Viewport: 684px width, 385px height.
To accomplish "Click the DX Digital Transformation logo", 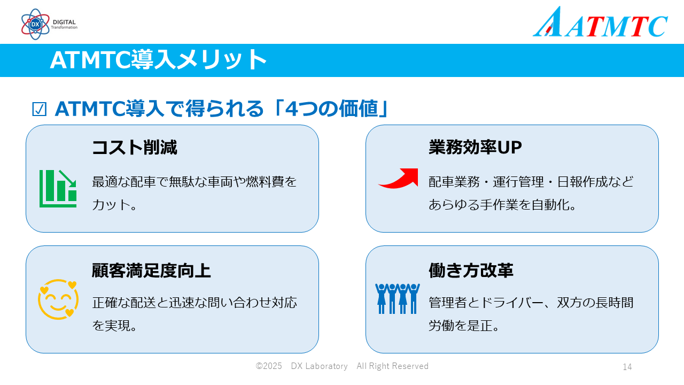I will (x=49, y=24).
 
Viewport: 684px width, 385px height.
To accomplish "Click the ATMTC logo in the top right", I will (x=600, y=23).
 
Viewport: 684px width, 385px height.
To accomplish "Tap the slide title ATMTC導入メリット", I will (x=158, y=60).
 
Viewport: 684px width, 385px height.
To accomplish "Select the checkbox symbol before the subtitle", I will (x=40, y=110).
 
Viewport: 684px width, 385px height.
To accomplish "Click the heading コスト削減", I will (x=134, y=148).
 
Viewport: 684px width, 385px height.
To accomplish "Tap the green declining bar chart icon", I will (x=58, y=188).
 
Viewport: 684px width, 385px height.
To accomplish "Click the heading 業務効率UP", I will (x=475, y=148).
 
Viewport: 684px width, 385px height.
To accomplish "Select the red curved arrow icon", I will (x=399, y=178).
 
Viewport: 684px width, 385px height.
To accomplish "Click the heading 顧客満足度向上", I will (x=151, y=271).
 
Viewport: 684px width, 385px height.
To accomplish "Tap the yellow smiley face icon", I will (x=58, y=299).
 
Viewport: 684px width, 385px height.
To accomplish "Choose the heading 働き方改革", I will (x=471, y=271).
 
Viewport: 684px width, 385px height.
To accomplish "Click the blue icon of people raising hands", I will (x=397, y=298).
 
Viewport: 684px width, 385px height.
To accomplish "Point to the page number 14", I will (x=627, y=367).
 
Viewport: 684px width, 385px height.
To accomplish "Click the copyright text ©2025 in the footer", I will (x=269, y=366).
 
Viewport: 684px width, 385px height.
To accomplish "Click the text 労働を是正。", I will (x=464, y=325).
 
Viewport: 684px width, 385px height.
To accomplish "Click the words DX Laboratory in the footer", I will (x=319, y=366).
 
